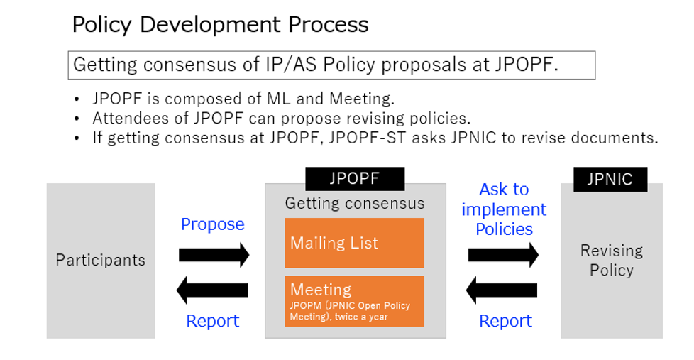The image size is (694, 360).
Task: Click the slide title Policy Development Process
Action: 220,25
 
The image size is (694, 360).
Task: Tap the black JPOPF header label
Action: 355,178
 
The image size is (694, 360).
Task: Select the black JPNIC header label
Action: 610,180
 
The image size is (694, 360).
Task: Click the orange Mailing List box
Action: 355,243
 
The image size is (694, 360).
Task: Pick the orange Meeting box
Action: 355,301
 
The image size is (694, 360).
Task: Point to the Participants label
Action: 101,260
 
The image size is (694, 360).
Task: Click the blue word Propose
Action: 212,224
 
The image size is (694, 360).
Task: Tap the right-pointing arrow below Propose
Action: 214,255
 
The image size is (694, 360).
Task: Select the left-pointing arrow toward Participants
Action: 212,290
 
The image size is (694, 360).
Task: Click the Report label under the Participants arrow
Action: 212,320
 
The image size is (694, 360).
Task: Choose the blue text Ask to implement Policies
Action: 504,209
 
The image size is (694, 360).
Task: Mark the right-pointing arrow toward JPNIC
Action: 503,255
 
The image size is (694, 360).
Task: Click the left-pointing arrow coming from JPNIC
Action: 502,290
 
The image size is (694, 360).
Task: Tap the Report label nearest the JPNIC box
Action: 505,320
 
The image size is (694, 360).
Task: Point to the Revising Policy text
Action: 612,261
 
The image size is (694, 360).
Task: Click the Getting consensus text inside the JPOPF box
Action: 355,203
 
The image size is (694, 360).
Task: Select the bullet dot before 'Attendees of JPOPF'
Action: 77,119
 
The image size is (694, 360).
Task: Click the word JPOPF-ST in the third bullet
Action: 368,138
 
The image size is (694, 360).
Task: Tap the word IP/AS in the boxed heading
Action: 291,65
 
